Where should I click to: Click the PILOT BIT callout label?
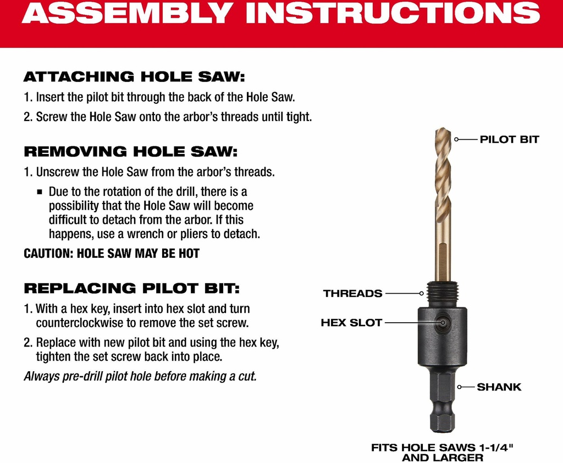click(509, 139)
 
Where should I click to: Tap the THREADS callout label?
click(352, 294)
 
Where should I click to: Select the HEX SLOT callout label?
click(351, 323)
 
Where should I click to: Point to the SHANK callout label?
click(499, 387)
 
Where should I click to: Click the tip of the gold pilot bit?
click(443, 129)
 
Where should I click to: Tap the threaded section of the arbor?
click(443, 294)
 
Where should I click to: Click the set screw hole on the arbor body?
click(443, 323)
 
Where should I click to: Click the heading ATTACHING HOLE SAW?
click(134, 76)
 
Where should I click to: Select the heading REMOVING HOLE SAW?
click(131, 151)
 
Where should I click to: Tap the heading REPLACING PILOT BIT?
click(131, 288)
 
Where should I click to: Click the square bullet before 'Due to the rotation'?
click(40, 192)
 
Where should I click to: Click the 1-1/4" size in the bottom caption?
click(496, 448)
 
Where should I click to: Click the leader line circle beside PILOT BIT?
click(456, 139)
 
